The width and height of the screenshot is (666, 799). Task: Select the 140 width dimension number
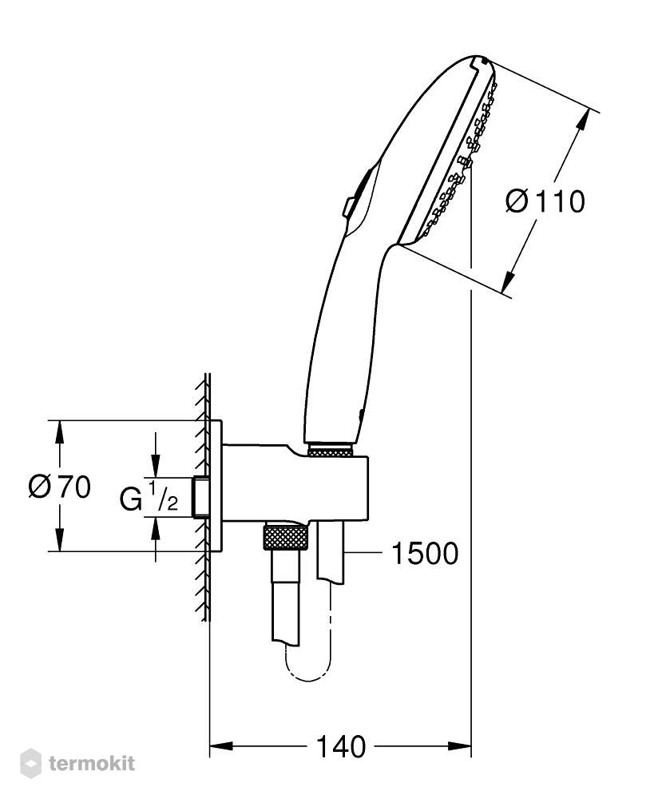pyautogui.click(x=341, y=746)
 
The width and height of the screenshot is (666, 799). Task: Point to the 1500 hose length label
pyautogui.click(x=425, y=554)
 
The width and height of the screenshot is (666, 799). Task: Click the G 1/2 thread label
pyautogui.click(x=149, y=497)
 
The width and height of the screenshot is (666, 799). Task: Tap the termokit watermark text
pyautogui.click(x=92, y=763)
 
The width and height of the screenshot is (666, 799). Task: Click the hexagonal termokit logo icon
pyautogui.click(x=30, y=763)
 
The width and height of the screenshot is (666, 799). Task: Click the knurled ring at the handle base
pyautogui.click(x=330, y=451)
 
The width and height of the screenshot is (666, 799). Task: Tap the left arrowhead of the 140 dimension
pyautogui.click(x=221, y=746)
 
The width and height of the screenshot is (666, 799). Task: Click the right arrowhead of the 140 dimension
pyautogui.click(x=459, y=746)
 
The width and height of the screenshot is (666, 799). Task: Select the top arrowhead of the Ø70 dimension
pyautogui.click(x=60, y=432)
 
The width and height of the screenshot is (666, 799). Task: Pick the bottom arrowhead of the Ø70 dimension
pyautogui.click(x=60, y=539)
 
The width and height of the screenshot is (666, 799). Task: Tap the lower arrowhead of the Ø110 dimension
pyautogui.click(x=508, y=282)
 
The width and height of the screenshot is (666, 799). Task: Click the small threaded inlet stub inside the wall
pyautogui.click(x=201, y=497)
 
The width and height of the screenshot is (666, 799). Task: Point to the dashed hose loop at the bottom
pyautogui.click(x=310, y=662)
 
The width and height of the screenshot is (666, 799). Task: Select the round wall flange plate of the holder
pyautogui.click(x=216, y=486)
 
